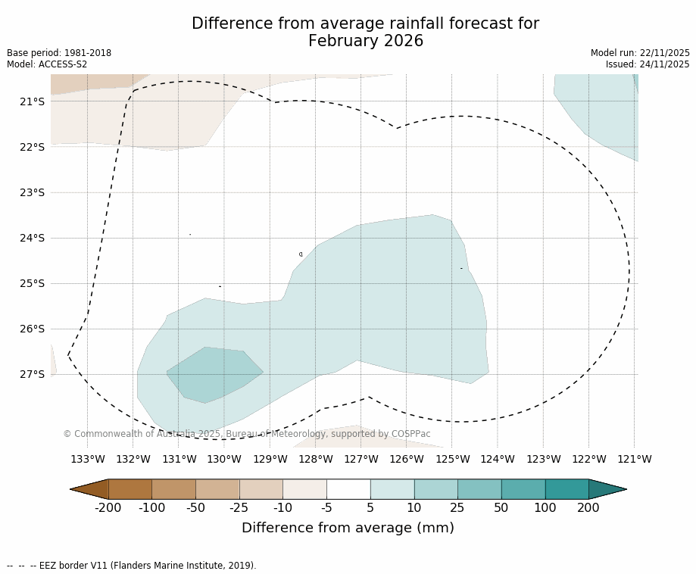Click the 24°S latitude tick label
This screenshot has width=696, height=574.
[x=32, y=238]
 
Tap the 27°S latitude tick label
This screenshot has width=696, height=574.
[x=32, y=374]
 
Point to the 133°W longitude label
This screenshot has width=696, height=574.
[x=87, y=459]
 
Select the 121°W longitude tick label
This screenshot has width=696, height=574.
[x=634, y=459]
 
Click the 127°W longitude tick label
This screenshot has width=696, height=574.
[x=360, y=459]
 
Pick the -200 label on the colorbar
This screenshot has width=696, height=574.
[x=108, y=507]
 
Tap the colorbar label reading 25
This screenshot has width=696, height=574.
[x=457, y=507]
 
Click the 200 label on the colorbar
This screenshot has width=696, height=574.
[x=588, y=507]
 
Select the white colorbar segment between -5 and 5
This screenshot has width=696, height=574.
[x=348, y=489]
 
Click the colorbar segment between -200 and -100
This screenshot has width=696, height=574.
[x=130, y=489]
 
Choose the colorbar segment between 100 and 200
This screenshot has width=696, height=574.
[x=566, y=489]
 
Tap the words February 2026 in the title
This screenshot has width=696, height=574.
[x=365, y=41]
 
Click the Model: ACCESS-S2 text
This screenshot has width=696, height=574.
[x=47, y=64]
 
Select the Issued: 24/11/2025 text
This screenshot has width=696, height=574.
[x=647, y=64]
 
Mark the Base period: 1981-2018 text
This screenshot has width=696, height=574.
[x=59, y=53]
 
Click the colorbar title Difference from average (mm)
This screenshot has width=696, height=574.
[x=348, y=528]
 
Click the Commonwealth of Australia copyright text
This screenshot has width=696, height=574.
[x=247, y=434]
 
